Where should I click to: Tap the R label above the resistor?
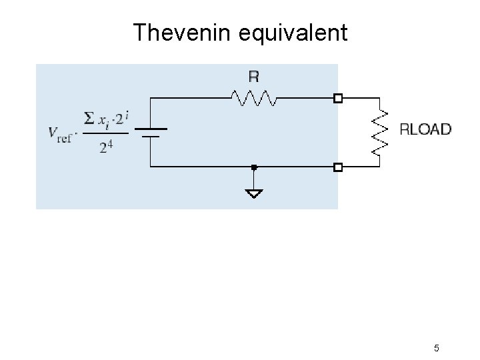tap(253, 77)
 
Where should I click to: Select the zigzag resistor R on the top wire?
tap(254, 99)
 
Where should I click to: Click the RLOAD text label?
tap(425, 129)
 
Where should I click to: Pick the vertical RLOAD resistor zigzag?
tap(379, 132)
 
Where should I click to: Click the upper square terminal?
tap(338, 99)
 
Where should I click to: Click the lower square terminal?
tap(338, 167)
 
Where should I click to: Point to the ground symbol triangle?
tap(254, 193)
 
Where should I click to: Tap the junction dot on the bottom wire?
tap(254, 167)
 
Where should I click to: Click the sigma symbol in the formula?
tap(89, 119)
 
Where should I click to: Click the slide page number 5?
tap(436, 348)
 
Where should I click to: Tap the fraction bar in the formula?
tap(106, 133)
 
